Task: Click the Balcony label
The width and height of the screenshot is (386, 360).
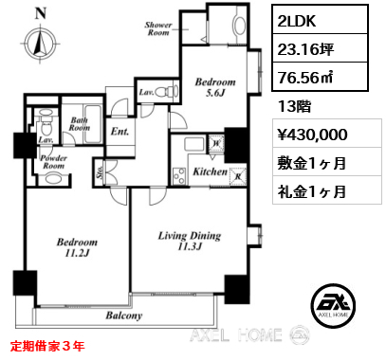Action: [124, 315]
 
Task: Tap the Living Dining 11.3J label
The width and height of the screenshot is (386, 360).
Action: [190, 241]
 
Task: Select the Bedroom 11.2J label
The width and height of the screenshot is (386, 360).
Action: [77, 247]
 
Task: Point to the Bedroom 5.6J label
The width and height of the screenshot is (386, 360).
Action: [215, 87]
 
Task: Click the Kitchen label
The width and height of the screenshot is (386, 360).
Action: [211, 171]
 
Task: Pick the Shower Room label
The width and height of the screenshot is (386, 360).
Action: [158, 28]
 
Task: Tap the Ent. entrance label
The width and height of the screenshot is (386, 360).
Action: [119, 132]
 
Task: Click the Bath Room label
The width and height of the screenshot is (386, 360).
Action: [80, 124]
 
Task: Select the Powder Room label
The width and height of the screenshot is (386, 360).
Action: [53, 162]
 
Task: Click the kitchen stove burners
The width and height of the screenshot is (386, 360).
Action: [180, 176]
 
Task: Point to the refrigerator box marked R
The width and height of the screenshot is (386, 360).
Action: [238, 174]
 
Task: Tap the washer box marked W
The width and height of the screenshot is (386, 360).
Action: [216, 142]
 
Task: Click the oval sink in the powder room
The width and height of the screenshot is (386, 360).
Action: [51, 180]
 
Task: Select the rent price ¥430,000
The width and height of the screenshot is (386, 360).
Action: [313, 135]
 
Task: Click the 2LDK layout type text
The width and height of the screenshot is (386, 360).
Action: [296, 21]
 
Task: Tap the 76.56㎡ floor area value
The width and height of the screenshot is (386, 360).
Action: [304, 78]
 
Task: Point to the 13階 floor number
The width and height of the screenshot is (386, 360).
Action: [295, 106]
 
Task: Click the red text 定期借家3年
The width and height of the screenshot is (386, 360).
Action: [47, 346]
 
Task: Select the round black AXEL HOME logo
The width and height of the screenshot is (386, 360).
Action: [333, 306]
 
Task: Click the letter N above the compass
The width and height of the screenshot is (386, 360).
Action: [41, 13]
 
